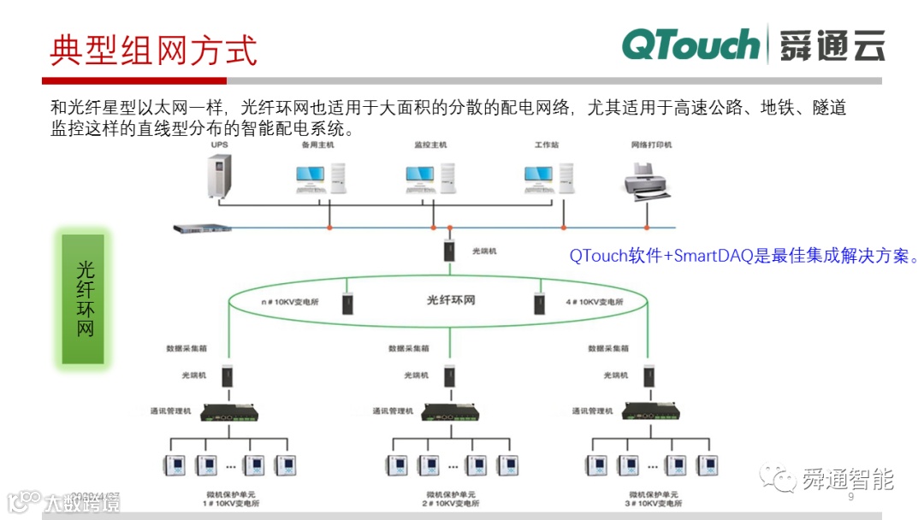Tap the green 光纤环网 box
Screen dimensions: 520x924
click(83, 298)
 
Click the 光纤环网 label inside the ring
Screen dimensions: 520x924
click(451, 300)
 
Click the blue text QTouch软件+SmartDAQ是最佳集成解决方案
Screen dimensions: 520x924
click(743, 256)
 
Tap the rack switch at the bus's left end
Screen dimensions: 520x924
click(202, 228)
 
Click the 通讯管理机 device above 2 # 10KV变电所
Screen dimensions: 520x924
click(449, 412)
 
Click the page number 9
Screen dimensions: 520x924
click(850, 498)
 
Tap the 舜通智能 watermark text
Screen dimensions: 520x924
click(847, 479)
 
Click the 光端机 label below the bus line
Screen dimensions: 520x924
click(484, 252)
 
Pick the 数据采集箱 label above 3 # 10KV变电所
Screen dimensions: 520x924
click(608, 349)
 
